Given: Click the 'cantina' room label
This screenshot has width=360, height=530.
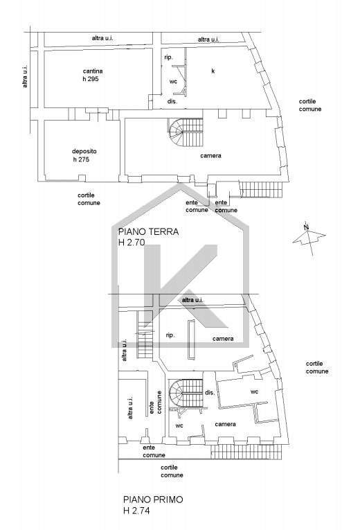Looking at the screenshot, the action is pyautogui.click(x=93, y=71).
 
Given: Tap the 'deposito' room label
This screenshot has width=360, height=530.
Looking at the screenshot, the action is pyautogui.click(x=84, y=152).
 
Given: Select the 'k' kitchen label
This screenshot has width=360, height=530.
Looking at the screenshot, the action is pyautogui.click(x=213, y=71).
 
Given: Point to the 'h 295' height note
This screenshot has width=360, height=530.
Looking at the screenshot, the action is pyautogui.click(x=90, y=79).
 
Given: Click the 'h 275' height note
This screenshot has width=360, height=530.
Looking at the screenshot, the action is pyautogui.click(x=81, y=159).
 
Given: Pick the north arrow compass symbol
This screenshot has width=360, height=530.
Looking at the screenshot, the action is pyautogui.click(x=309, y=238).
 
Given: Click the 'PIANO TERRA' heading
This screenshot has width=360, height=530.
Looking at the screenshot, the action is pyautogui.click(x=148, y=232).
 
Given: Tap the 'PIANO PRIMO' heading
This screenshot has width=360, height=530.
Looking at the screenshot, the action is pyautogui.click(x=153, y=500).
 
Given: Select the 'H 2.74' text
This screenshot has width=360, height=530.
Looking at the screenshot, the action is pyautogui.click(x=136, y=511).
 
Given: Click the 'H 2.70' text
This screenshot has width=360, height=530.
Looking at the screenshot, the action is pyautogui.click(x=132, y=242).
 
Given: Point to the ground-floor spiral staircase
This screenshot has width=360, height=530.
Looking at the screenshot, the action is pyautogui.click(x=186, y=132).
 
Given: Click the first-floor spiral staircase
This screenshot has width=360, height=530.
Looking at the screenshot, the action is pyautogui.click(x=186, y=394).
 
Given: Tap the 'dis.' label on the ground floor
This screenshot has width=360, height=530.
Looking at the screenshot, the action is pyautogui.click(x=172, y=101).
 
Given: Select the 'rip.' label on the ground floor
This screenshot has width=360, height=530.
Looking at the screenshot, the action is pyautogui.click(x=168, y=58).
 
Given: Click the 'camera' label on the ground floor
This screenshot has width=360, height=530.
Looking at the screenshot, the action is pyautogui.click(x=210, y=156).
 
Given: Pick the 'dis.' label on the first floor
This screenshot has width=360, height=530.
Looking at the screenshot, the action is pyautogui.click(x=210, y=393).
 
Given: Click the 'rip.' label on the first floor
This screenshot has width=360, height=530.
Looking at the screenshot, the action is pyautogui.click(x=170, y=335).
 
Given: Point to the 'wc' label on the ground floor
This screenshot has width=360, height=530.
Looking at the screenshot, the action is pyautogui.click(x=173, y=82).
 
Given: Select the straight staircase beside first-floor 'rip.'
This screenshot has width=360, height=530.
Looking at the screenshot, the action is pyautogui.click(x=145, y=335).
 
